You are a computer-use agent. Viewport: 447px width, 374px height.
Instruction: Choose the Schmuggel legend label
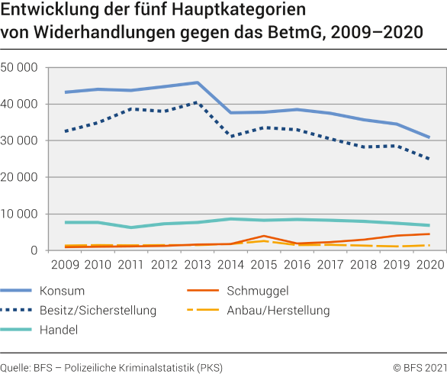tap(257, 291)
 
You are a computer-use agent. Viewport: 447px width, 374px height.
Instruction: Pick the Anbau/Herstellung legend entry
tap(278, 310)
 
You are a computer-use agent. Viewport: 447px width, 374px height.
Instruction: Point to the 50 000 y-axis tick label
tap(21, 67)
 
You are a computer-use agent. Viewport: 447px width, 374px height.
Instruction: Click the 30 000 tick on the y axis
tap(21, 140)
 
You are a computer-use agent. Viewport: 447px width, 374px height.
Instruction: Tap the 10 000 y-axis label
tap(21, 214)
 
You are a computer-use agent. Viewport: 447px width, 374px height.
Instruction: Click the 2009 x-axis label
tap(66, 265)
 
